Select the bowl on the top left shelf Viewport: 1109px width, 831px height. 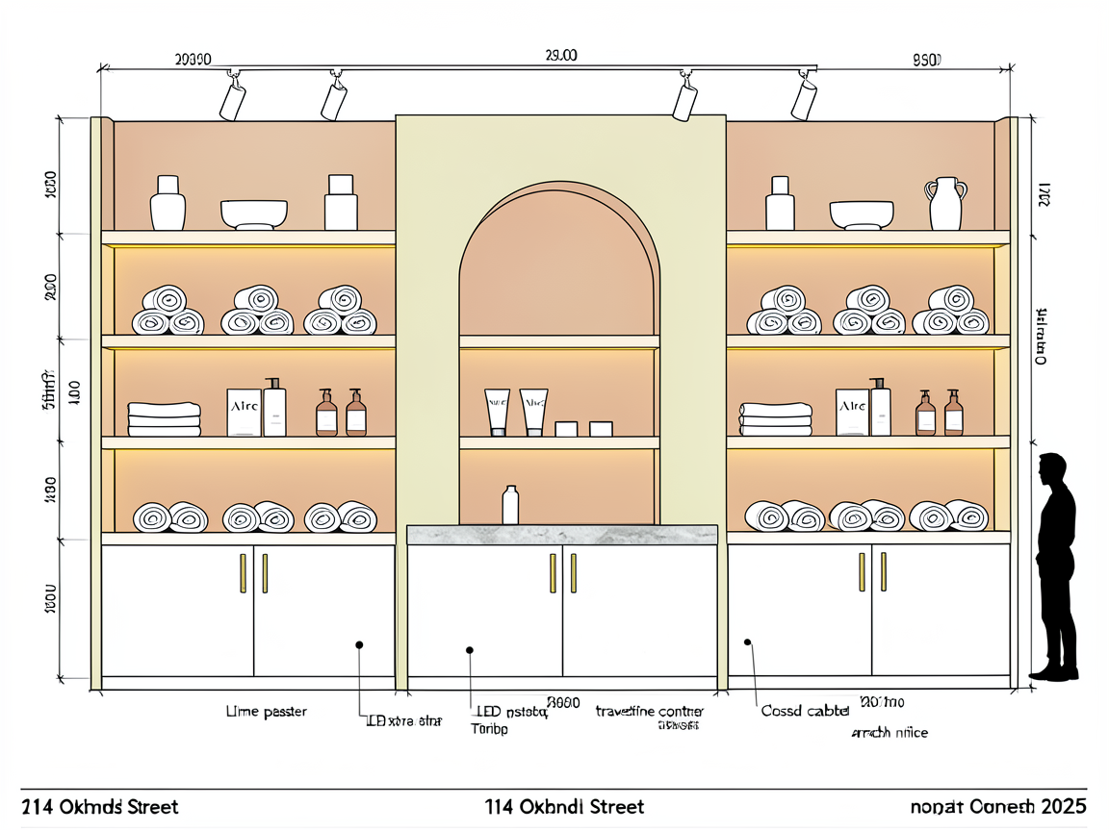254,214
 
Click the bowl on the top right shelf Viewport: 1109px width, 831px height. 862,214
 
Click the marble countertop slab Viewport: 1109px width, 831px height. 562,535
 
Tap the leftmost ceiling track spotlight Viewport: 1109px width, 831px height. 232,97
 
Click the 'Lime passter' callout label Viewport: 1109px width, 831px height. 266,712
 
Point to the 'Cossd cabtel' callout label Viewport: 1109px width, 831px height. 805,711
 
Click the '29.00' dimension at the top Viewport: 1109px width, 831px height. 560,56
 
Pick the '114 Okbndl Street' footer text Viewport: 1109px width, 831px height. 566,806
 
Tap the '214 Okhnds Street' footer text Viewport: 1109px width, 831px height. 100,806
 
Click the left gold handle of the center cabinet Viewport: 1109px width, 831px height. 552,573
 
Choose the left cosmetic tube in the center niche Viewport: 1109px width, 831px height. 497,411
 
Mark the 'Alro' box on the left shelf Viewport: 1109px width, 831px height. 244,412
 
